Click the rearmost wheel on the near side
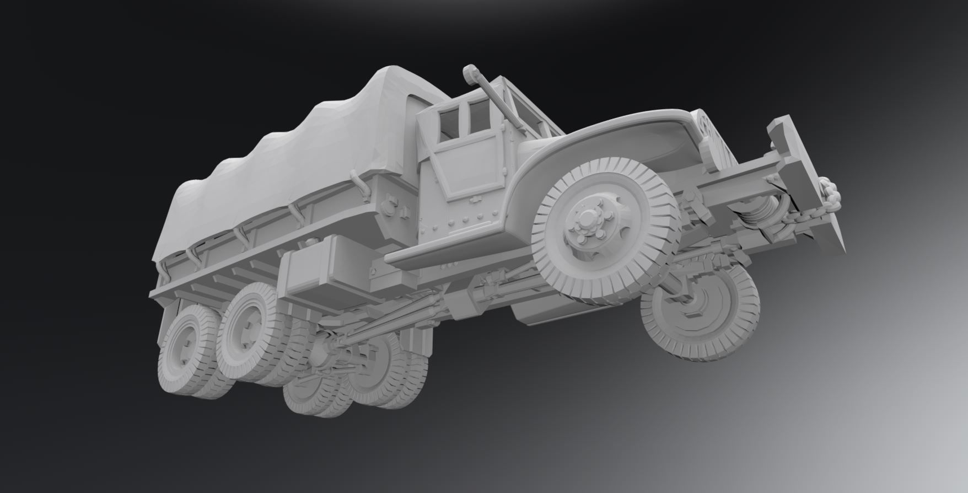pos(182,353)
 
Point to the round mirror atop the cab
pos(470,73)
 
